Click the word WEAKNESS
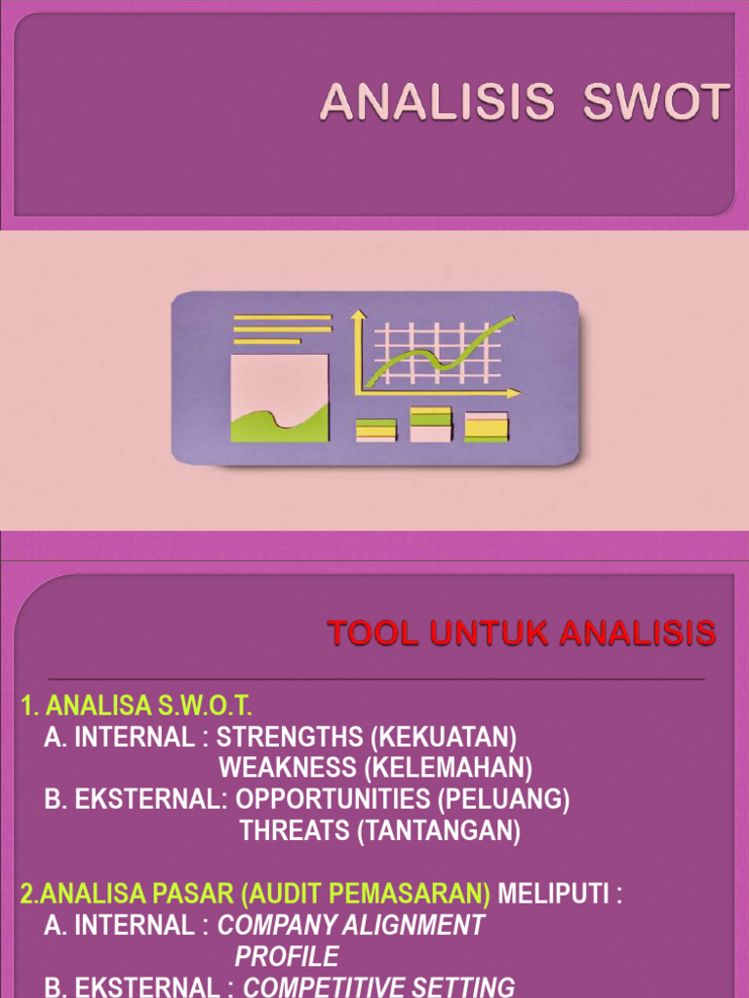pos(288,768)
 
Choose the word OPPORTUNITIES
pos(335,799)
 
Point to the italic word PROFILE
pos(287,956)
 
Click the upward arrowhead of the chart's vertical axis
pos(358,315)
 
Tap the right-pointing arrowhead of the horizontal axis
pos(514,394)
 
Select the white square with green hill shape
pos(280,398)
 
